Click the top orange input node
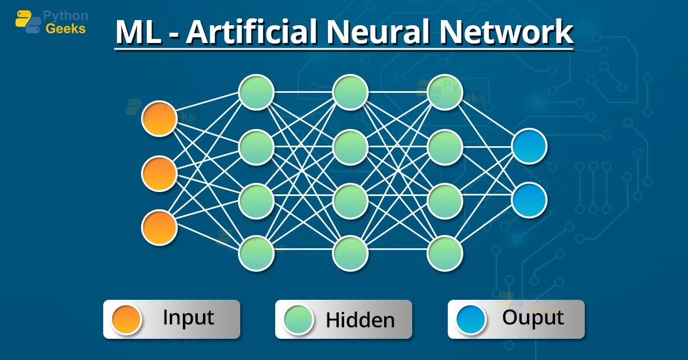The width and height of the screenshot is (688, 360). click(159, 119)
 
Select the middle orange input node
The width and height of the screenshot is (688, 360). click(159, 173)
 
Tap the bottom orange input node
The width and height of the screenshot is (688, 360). click(159, 228)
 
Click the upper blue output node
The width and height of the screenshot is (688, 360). click(529, 146)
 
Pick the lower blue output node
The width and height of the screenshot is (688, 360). click(529, 200)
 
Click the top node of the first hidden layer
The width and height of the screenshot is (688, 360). click(256, 92)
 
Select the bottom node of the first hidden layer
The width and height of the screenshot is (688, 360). click(256, 253)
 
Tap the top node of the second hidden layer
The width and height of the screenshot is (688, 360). click(350, 92)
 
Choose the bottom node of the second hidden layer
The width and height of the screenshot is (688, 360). click(350, 253)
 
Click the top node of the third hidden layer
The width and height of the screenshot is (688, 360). click(445, 92)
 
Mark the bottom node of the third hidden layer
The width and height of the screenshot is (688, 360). click(445, 253)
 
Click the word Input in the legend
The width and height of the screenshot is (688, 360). click(188, 318)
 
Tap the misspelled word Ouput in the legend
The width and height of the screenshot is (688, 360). click(533, 318)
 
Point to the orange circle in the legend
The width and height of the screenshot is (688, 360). click(126, 319)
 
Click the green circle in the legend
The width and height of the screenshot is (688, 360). click(298, 319)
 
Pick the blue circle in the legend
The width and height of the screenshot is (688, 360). click(471, 319)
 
